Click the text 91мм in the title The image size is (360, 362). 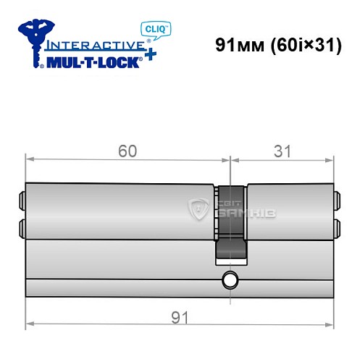pyautogui.click(x=236, y=45)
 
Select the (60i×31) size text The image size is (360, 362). pyautogui.click(x=300, y=45)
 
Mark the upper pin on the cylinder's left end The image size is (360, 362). pyautogui.click(x=21, y=198)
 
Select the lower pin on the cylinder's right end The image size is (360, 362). pyautogui.click(x=336, y=227)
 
